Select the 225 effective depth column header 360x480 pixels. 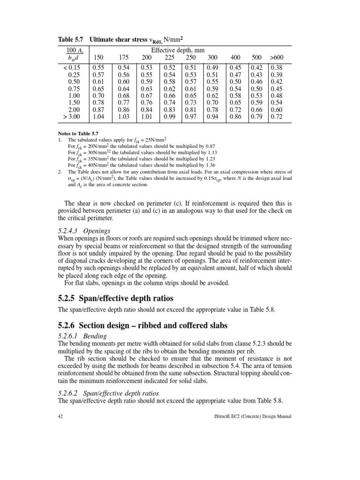[170, 57]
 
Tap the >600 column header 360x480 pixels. [276, 57]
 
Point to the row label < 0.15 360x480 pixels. [69, 67]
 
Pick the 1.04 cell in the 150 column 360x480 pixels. [98, 116]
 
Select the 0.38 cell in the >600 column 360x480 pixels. [277, 67]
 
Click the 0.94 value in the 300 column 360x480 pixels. [213, 116]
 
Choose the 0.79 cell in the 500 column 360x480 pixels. [256, 116]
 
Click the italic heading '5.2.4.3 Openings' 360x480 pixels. [84, 231]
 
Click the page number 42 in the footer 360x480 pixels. [60, 416]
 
